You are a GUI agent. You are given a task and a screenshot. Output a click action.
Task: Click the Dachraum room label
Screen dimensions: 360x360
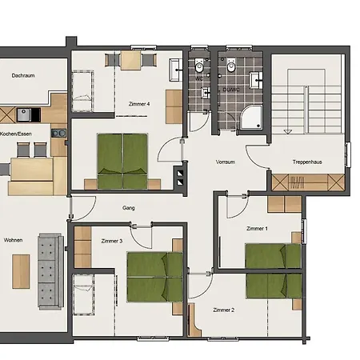pos(24,75)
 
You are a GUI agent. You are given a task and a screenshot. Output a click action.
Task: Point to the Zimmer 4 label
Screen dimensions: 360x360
pos(139,104)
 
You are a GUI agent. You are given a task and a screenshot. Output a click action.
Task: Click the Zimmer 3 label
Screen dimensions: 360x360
pos(112,240)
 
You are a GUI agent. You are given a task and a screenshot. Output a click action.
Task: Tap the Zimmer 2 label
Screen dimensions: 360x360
pos(224,310)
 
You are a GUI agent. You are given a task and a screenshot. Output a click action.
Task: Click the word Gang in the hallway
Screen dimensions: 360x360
pos(128,207)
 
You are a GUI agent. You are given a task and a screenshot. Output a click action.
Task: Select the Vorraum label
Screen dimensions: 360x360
pos(226,162)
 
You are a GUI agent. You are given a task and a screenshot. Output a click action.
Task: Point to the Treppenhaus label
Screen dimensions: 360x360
pos(309,162)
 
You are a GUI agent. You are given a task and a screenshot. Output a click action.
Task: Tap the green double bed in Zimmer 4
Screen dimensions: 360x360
pos(124,155)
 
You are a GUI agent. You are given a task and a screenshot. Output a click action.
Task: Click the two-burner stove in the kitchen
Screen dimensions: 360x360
pos(58,132)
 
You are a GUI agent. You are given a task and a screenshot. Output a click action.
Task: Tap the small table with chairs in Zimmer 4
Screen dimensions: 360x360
pos(130,61)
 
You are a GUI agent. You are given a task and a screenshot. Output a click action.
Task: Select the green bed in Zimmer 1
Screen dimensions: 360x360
pos(272,256)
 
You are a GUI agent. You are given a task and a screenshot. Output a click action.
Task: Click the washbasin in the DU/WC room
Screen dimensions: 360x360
pos(257,78)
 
